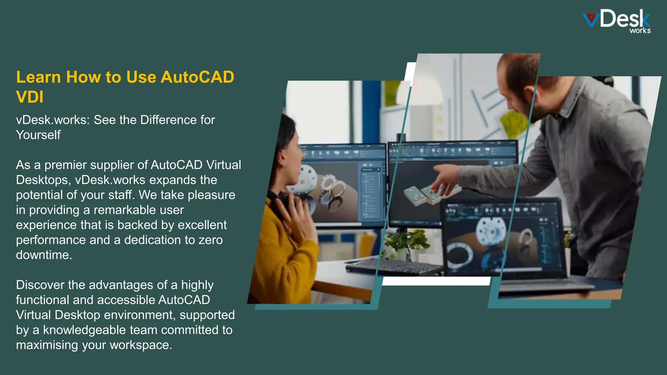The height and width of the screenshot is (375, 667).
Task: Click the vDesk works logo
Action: point(617,21)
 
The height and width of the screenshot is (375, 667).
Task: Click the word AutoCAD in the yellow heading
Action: point(197,77)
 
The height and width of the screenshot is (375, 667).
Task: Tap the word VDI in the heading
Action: point(30,97)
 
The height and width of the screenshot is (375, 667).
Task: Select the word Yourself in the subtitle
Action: point(38,135)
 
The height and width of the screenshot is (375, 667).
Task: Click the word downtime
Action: point(44,255)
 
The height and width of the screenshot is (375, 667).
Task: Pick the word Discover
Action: point(40,285)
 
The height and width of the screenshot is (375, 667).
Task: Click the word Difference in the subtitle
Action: point(168,120)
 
